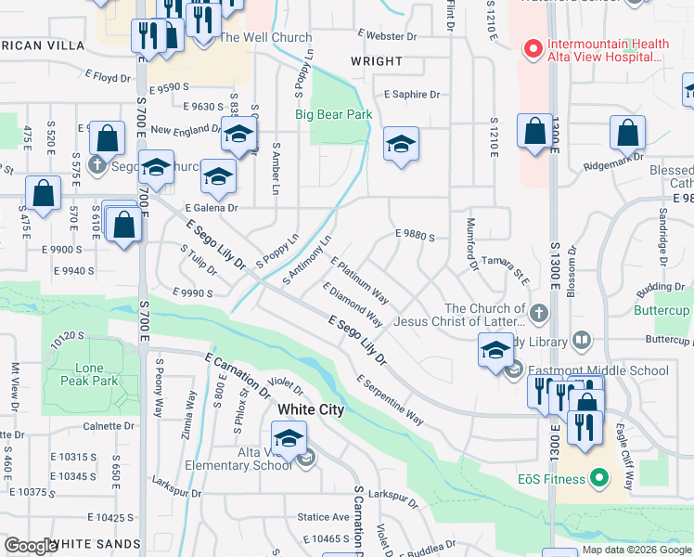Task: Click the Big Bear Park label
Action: (333, 115)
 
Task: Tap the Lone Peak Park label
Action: (89, 374)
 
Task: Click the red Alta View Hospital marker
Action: (533, 47)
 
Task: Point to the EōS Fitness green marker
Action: (599, 479)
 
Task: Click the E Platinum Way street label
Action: (360, 280)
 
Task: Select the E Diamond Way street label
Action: (353, 304)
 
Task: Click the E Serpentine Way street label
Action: (390, 401)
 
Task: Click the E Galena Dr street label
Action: (212, 208)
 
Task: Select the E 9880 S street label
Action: (415, 236)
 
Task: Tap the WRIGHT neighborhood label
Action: (377, 62)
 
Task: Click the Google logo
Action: (32, 546)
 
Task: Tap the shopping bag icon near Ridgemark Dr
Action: (627, 135)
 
